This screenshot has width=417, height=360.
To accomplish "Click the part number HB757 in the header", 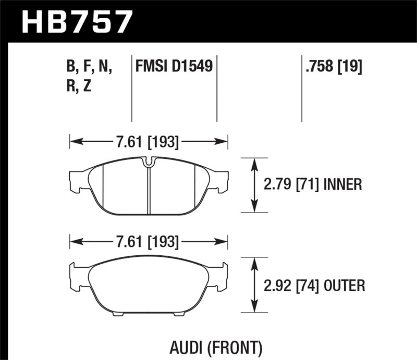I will click(x=77, y=21).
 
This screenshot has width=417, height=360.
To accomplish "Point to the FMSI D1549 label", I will click(x=174, y=67).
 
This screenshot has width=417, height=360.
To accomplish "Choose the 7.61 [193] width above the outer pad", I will click(x=148, y=242).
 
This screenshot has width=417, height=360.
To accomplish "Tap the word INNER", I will click(x=343, y=185).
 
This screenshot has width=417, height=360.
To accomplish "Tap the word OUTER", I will click(x=344, y=285).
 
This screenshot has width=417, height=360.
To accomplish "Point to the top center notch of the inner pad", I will click(x=149, y=163).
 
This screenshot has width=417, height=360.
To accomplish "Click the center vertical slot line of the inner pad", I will click(x=149, y=190).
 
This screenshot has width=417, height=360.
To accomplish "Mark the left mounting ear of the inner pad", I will click(x=77, y=180).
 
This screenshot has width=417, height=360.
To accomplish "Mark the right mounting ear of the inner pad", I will click(x=221, y=180).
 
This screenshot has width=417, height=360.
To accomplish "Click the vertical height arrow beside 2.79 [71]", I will click(x=254, y=185).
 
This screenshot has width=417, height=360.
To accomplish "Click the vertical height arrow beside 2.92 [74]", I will click(x=254, y=285).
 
